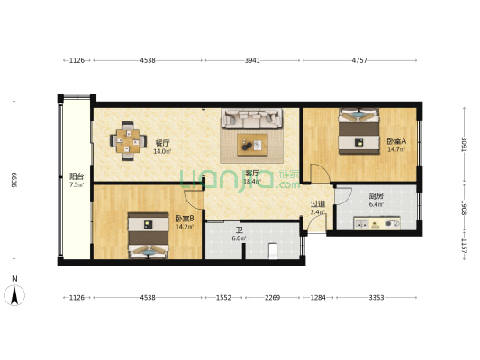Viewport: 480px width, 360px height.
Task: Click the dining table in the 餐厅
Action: coord(128,143)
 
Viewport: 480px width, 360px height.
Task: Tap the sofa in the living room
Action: coord(253,118)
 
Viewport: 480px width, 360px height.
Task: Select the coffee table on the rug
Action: coord(253,143)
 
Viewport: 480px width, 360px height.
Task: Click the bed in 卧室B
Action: coord(144,237)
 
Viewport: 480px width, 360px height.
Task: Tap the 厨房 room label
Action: coord(376,198)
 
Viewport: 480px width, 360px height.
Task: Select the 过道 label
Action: coord(317,204)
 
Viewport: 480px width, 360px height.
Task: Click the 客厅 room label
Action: coord(252,174)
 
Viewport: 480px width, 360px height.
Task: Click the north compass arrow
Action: coord(15,293)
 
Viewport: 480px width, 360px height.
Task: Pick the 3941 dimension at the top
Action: coord(252,61)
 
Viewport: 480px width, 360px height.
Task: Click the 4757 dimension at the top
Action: coord(358,61)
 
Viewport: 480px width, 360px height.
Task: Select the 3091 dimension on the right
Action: coord(464,142)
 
